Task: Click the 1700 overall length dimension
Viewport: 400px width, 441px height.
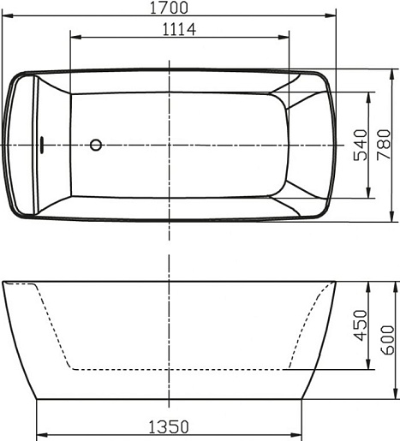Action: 169,8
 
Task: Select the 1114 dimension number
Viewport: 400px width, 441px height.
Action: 179,29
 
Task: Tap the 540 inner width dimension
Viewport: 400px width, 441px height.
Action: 361,145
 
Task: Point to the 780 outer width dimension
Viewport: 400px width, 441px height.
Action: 384,145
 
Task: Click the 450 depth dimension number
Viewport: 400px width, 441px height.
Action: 361,325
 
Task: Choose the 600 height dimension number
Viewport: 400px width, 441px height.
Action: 387,340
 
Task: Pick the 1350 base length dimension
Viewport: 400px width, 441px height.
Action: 169,427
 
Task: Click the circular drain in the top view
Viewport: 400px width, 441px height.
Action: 96,145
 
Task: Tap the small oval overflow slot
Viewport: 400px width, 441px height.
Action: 42,145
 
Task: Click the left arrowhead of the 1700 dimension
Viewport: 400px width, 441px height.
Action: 8,16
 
